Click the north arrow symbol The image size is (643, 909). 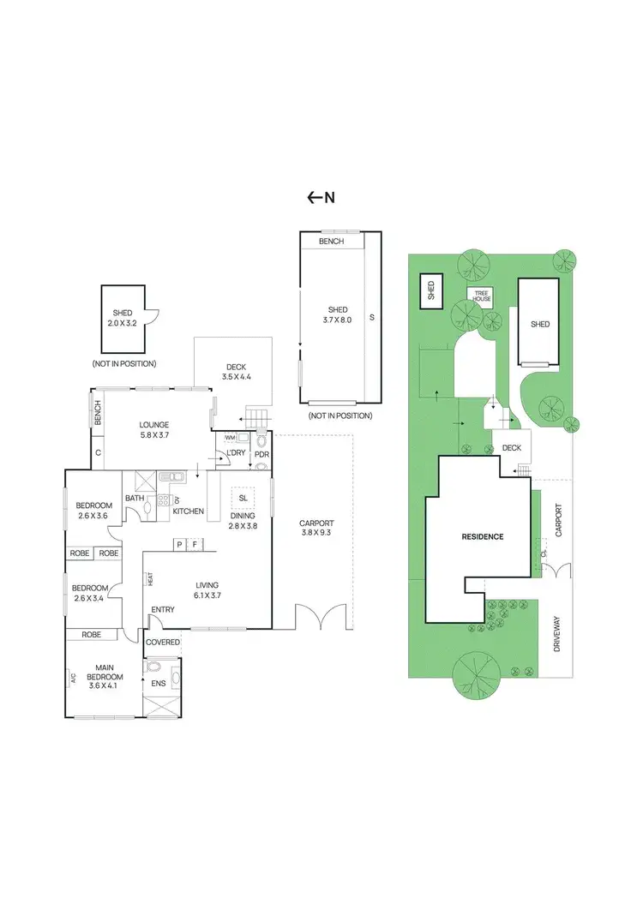tap(321, 198)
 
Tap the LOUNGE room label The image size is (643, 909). tap(154, 425)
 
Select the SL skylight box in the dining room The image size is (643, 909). tap(243, 498)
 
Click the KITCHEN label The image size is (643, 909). tap(189, 511)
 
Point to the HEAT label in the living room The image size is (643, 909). tap(150, 579)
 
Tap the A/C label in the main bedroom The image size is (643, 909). tap(75, 679)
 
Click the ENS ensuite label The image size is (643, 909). tap(158, 684)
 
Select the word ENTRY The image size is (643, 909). tap(162, 610)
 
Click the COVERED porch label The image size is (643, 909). tap(163, 642)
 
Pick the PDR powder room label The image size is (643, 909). tap(261, 453)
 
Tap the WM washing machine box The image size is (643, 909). tap(230, 438)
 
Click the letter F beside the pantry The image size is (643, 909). tap(195, 544)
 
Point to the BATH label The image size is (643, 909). tap(135, 498)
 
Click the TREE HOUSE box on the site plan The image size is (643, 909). tap(483, 296)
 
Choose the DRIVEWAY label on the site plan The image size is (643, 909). tap(557, 635)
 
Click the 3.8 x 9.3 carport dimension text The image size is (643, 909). tap(316, 535)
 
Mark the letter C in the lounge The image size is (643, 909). tap(99, 452)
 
